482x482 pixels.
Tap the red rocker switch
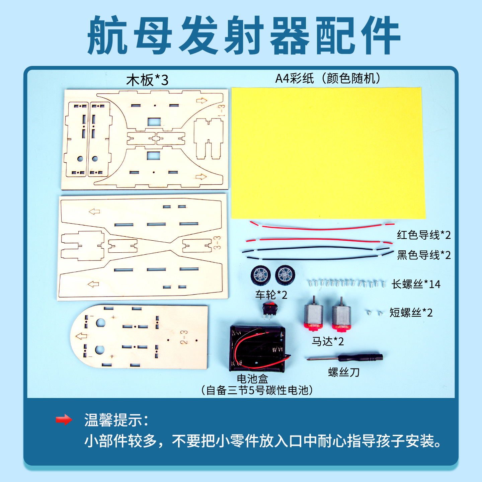click(x=270, y=309)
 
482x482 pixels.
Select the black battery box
click(x=257, y=348)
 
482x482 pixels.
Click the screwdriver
click(x=345, y=357)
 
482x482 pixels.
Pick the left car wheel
click(x=261, y=275)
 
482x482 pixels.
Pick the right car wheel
click(x=285, y=274)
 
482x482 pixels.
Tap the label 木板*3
click(x=147, y=80)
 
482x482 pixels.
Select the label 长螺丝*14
click(x=416, y=284)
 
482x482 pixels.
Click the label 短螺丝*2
click(x=411, y=313)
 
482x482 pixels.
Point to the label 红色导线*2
click(x=424, y=235)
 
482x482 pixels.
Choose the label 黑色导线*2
click(x=424, y=255)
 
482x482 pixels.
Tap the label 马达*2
click(x=328, y=341)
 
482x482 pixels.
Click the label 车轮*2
click(x=271, y=295)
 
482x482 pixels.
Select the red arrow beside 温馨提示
click(x=64, y=419)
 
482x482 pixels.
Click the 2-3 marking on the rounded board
click(x=184, y=337)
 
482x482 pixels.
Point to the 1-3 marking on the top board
click(x=222, y=111)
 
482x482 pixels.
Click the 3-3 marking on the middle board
click(x=217, y=243)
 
